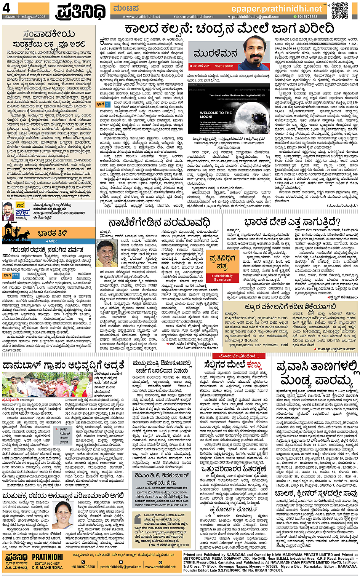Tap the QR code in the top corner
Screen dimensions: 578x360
click(339, 10)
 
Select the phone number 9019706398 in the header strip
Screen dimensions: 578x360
click(307, 17)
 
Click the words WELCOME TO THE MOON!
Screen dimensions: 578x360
click(216, 115)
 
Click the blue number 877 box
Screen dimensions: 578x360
click(15, 275)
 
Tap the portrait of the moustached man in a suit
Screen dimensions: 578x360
click(8, 211)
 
